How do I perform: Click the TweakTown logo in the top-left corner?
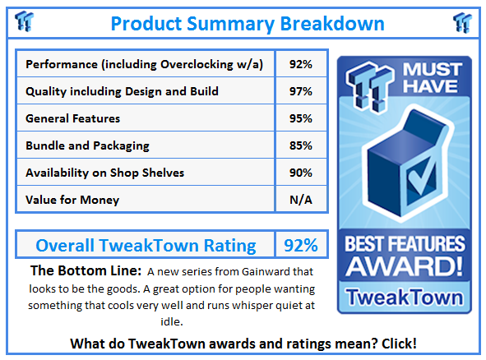coord(24,21)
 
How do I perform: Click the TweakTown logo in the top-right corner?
coord(462,22)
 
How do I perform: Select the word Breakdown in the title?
coord(332,24)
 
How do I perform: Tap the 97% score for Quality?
coord(301,91)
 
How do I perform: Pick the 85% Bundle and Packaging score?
coord(301,145)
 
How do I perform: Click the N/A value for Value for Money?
coord(301,200)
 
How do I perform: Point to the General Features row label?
coord(73,118)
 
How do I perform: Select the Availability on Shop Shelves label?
coord(104,173)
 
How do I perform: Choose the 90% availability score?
coord(301,173)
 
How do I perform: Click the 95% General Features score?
coord(301,118)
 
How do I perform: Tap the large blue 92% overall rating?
coord(301,246)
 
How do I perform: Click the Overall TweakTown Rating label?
coord(146,246)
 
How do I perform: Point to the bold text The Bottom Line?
coord(86,270)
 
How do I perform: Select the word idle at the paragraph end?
coord(171,321)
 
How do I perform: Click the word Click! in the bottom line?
coord(399,344)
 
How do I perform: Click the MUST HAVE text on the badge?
coord(433,77)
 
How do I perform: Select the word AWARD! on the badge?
coord(404,265)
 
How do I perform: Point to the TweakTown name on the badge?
coord(405,297)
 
